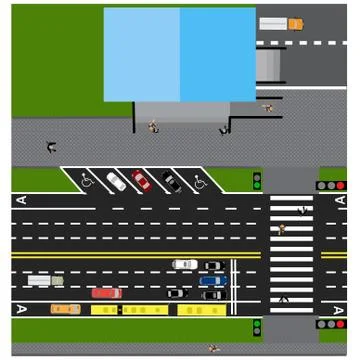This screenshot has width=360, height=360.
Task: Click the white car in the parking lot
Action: point(117,182)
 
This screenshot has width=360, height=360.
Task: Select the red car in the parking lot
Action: point(142,181)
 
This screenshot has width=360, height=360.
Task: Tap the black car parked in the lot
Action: point(171,182)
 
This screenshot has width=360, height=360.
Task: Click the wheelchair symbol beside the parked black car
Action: point(199,182)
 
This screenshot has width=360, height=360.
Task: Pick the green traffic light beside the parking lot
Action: point(257,181)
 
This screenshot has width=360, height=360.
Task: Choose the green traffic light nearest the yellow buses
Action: point(257,327)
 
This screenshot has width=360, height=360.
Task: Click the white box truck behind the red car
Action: point(44,281)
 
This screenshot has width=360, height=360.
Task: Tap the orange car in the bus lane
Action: point(66,309)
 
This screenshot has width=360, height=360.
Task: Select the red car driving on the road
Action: point(106,293)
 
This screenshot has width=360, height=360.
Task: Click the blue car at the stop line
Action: point(212,281)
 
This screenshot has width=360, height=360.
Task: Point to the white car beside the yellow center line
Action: point(184,265)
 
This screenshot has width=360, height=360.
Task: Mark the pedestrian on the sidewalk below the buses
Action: point(214,348)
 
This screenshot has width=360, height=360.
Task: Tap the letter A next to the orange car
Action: point(21,309)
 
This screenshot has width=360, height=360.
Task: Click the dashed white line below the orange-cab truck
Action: point(300,43)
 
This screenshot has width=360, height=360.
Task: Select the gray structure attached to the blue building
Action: point(270,64)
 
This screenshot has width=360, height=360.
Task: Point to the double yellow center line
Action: point(130,254)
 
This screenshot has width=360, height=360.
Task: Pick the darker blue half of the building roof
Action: point(217,54)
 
